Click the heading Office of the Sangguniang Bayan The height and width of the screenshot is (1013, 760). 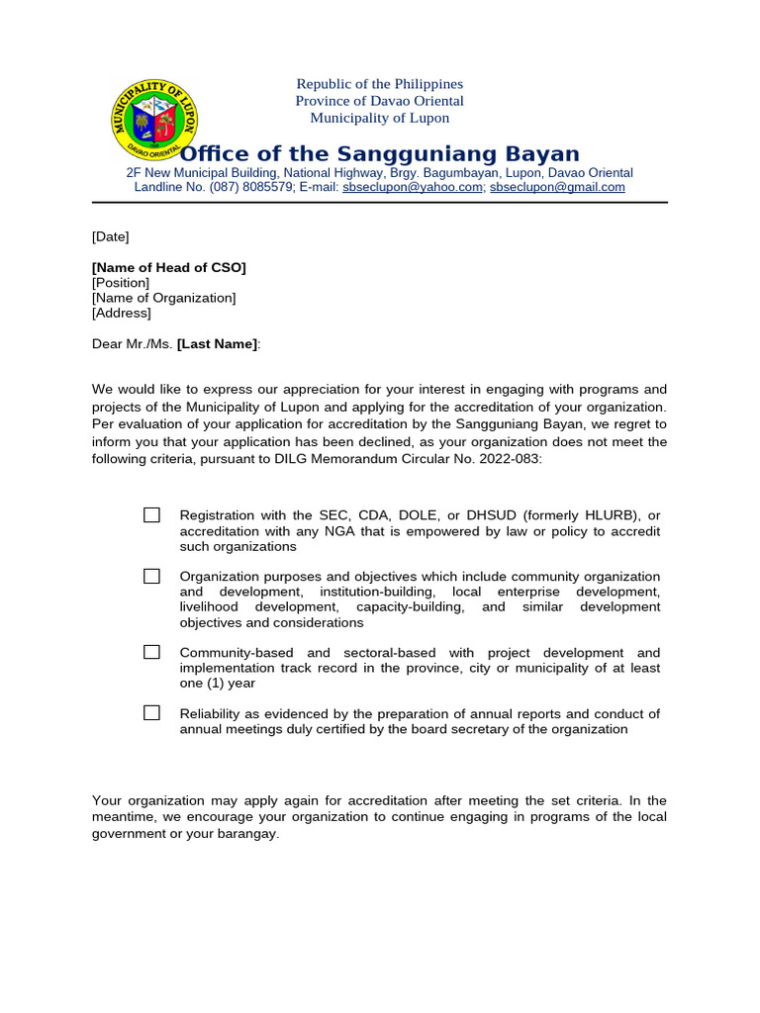pos(380,153)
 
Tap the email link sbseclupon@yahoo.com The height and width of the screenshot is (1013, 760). pos(413,187)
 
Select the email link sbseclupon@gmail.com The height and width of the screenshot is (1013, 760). pos(557,187)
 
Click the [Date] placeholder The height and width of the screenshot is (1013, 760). pos(110,236)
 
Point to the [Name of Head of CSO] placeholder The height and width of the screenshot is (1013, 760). pos(169,267)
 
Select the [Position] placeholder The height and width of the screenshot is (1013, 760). pos(121,283)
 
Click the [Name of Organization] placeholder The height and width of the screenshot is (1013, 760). pos(164,298)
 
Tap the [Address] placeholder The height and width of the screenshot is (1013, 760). pos(122,313)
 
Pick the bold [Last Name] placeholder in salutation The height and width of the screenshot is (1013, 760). pos(218,343)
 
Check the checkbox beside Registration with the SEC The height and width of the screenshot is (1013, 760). pos(151,514)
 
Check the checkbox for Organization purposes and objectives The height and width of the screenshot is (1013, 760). pos(151,576)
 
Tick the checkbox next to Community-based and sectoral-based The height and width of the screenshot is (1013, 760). pos(151,652)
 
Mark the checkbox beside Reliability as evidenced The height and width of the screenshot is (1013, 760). pos(151,712)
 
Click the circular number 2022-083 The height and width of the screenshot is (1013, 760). pos(509,459)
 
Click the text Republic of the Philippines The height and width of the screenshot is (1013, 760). pos(380,84)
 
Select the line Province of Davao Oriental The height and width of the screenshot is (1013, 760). pos(380,101)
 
